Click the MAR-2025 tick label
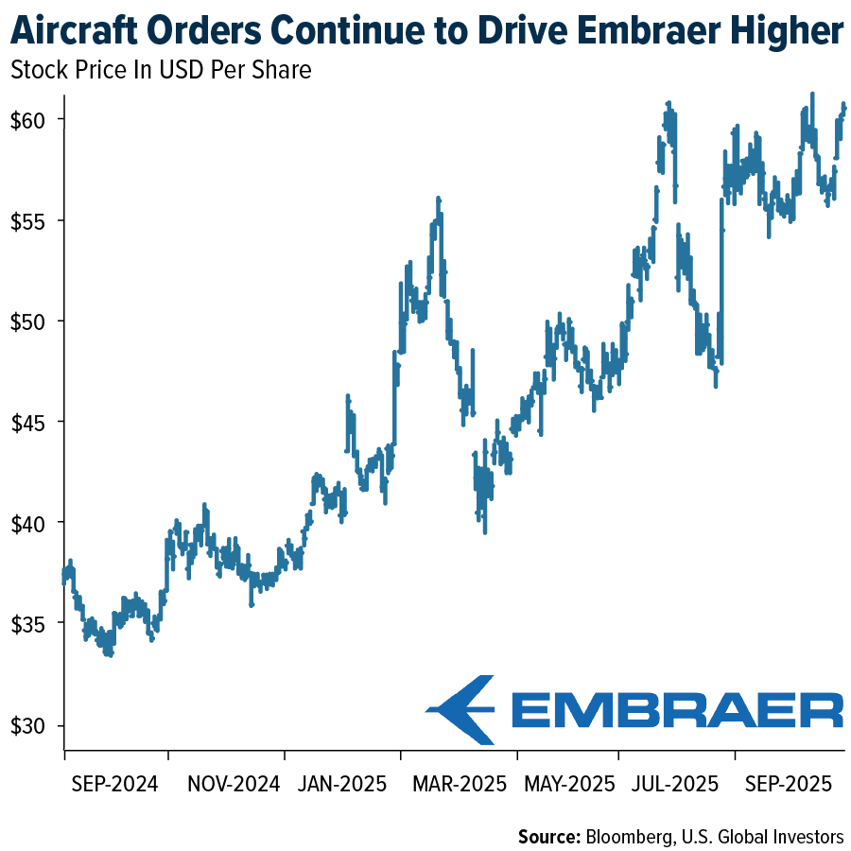(x=452, y=784)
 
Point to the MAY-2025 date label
(x=565, y=784)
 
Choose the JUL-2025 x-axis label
(x=673, y=784)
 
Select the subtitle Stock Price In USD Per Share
(x=160, y=70)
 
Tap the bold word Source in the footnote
(x=548, y=836)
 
